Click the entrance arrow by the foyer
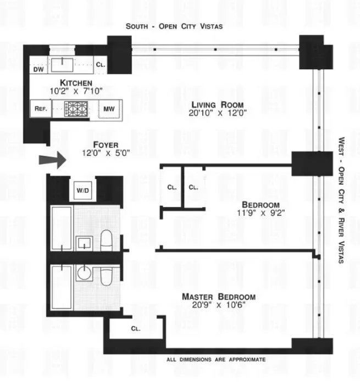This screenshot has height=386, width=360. click(x=52, y=161)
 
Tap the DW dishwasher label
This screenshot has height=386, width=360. click(x=38, y=69)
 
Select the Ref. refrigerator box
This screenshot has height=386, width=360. click(x=41, y=109)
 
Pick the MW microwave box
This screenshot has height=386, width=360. click(x=109, y=109)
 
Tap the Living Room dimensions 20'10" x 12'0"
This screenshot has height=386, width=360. click(x=217, y=114)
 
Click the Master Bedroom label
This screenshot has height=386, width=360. click(x=218, y=297)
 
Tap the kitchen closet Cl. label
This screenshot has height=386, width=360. click(x=101, y=65)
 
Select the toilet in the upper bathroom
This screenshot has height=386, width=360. click(x=107, y=240)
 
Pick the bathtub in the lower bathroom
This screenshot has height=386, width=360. click(x=60, y=287)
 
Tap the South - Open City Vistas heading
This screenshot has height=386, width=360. click(x=174, y=26)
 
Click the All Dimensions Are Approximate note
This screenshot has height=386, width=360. click(x=216, y=360)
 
